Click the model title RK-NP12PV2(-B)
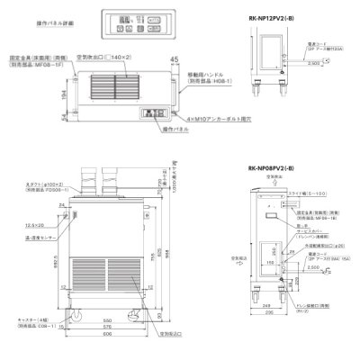268,13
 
